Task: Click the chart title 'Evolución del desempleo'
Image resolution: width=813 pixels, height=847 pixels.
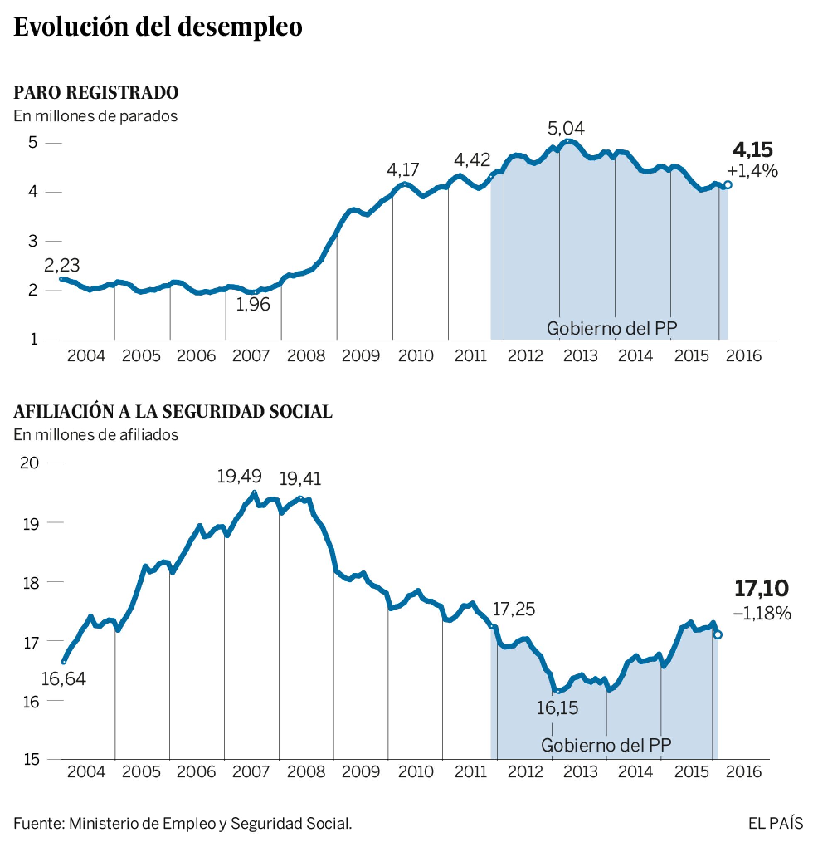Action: pos(158,27)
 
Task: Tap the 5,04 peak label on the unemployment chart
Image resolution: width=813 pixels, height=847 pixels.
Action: pos(566,128)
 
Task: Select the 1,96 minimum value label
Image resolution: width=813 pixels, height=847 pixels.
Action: pos(253,305)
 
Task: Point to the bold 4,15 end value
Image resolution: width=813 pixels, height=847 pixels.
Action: pos(752,150)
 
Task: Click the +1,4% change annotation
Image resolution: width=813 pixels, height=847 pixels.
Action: pos(752,171)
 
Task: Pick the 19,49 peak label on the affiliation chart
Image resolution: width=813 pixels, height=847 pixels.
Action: pos(239,476)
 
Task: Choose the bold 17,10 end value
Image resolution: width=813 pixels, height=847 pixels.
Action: pos(761,588)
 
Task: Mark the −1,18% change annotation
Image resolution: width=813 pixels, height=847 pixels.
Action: pos(762,613)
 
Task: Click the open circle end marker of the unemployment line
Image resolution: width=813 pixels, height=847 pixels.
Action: pos(728,185)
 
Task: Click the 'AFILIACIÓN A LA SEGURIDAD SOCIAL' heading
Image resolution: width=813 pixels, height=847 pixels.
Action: pos(173,411)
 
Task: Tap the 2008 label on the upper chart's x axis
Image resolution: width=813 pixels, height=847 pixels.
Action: pos(306,356)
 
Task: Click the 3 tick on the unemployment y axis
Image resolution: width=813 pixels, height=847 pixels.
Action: pos(33,241)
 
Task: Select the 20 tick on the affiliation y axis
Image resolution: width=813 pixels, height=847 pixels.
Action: pos(29,463)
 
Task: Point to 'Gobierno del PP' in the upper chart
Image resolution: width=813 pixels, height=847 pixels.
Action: pos(611,328)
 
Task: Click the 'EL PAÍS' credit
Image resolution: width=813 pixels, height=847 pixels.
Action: pos(775,823)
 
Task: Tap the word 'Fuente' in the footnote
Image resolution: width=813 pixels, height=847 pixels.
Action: pos(38,823)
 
